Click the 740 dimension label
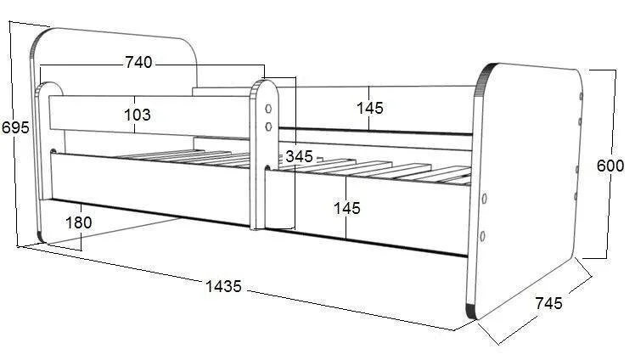point(138,62)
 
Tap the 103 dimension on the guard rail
point(138,115)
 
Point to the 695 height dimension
point(15,127)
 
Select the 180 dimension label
point(79,222)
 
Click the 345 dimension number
point(300,156)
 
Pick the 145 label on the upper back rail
point(370,108)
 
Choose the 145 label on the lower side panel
point(346,209)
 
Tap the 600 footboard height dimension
point(610,166)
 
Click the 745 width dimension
point(548,303)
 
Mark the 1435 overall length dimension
point(223,287)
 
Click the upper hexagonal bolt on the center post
point(268,109)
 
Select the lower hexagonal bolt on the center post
point(268,127)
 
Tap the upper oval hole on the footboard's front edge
point(484,199)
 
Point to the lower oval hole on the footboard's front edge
point(482,236)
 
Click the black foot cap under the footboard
point(471,311)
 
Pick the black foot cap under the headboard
point(40,237)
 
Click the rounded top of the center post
point(265,86)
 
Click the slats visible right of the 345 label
point(377,170)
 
